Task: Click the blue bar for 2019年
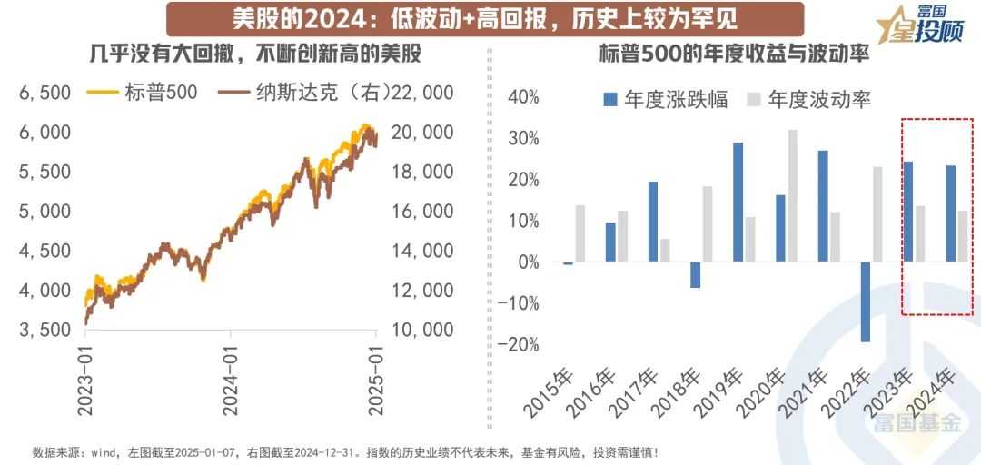pos(738,202)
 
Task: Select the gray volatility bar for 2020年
pos(792,195)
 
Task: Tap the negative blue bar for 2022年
pos(866,302)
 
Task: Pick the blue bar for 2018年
pos(696,274)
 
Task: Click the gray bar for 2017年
pos(664,250)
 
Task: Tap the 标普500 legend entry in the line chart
pos(144,93)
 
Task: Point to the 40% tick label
pos(524,97)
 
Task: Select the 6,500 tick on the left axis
pos(44,93)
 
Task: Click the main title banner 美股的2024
pos(472,18)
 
